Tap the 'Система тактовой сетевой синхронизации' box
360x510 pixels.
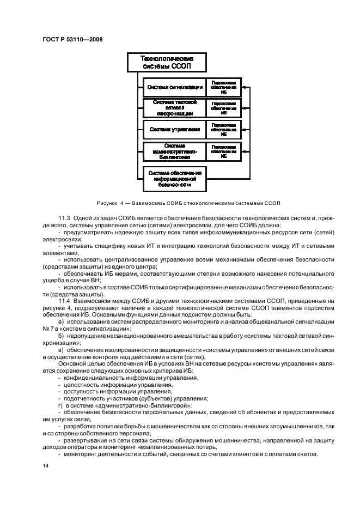174,107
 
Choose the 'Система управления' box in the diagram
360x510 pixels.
174,130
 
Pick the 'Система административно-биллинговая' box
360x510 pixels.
174,151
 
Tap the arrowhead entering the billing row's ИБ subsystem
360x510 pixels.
243,151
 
